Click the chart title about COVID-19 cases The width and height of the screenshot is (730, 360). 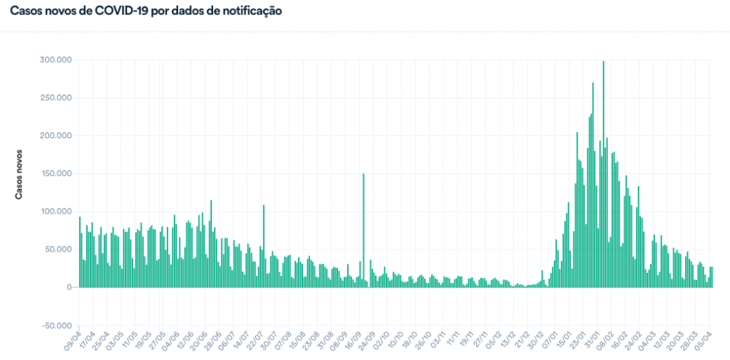pos(145,12)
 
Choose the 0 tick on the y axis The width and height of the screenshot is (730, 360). pos(68,287)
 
